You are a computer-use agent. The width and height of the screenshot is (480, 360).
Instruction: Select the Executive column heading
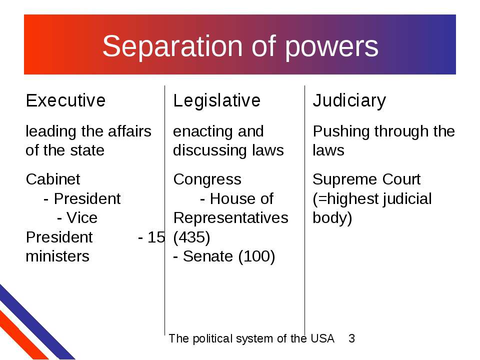tap(65, 100)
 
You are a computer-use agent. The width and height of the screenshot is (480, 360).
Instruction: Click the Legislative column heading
tap(216, 100)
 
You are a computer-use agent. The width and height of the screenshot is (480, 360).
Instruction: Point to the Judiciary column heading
tap(349, 101)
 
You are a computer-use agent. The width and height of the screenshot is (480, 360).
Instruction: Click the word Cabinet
tap(53, 179)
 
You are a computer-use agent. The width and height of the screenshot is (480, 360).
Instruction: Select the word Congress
tap(207, 180)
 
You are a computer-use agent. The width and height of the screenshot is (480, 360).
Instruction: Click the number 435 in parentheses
tap(191, 237)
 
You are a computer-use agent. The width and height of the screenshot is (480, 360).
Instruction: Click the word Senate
tap(208, 256)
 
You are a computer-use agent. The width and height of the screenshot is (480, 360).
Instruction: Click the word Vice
tap(81, 218)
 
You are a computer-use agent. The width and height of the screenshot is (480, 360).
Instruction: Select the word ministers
tap(57, 256)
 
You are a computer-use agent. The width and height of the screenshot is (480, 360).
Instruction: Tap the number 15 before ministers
tap(156, 237)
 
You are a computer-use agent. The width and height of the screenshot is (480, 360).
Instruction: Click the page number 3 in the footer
tap(351, 338)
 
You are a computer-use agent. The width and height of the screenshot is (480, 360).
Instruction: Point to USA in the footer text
tap(322, 338)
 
